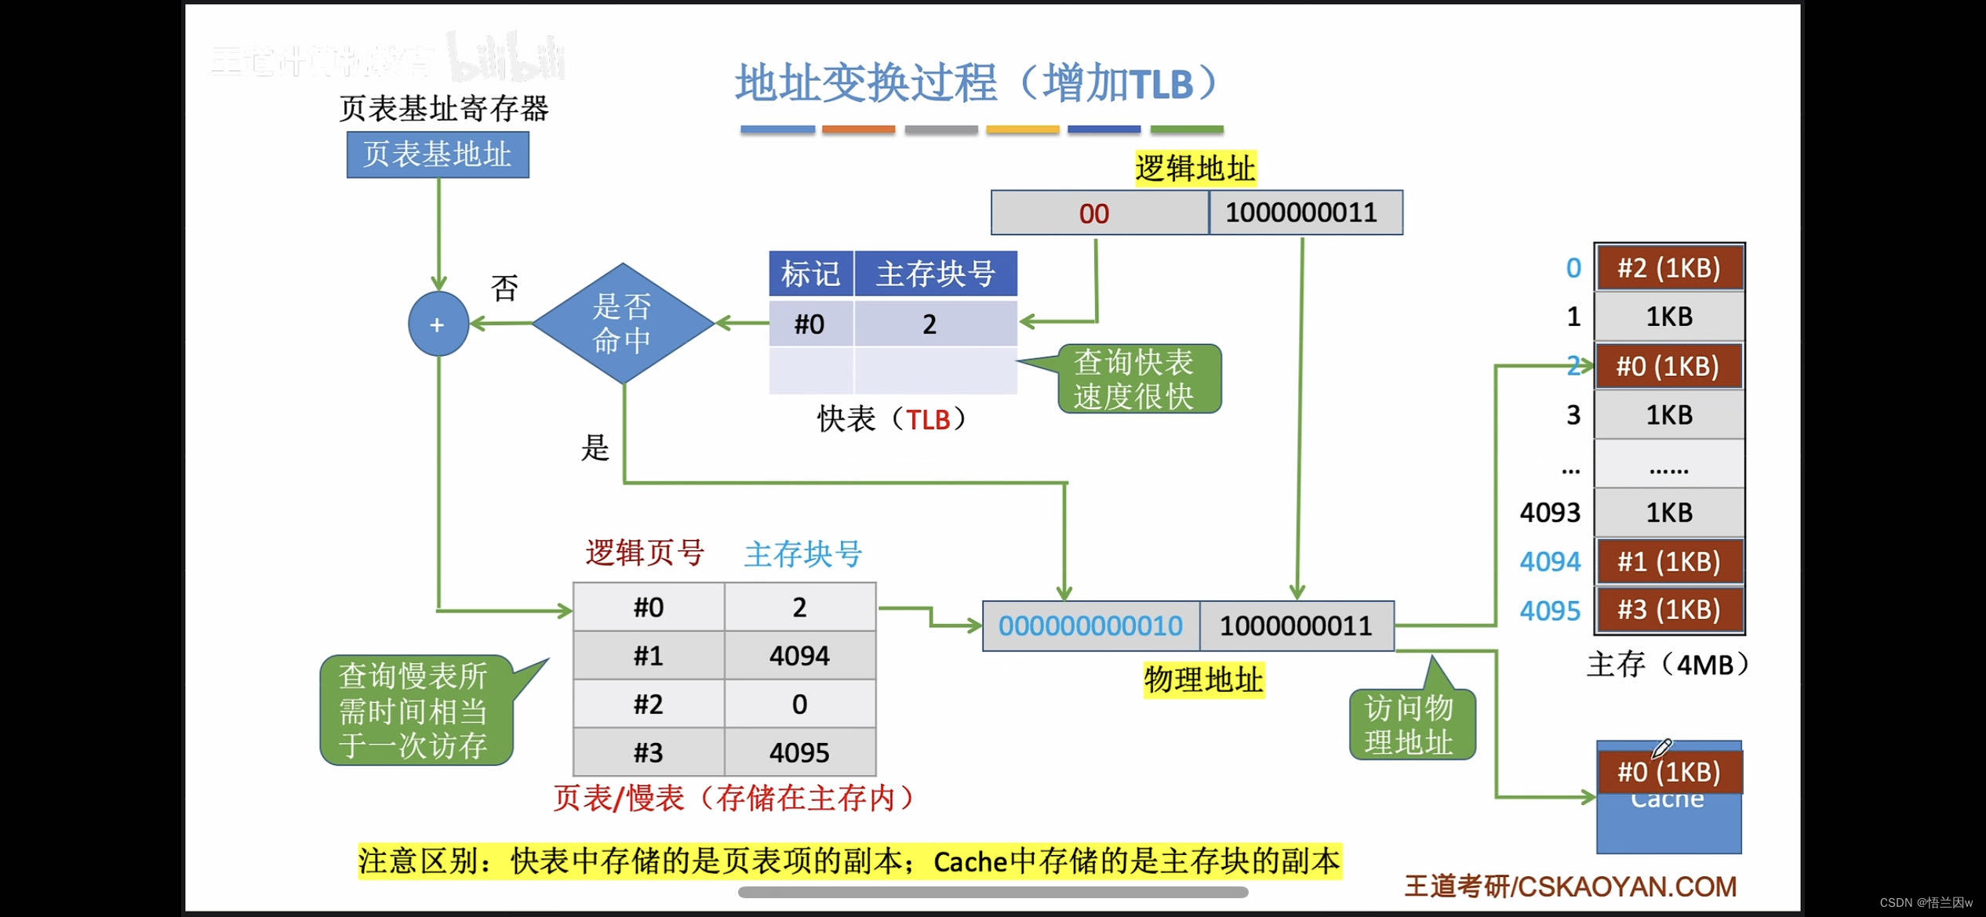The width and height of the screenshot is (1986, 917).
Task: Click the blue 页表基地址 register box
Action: click(x=438, y=154)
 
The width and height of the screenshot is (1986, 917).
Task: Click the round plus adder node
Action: click(x=438, y=324)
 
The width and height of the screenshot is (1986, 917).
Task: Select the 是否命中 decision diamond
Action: click(x=623, y=324)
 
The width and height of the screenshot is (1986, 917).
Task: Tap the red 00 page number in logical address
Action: click(x=1094, y=213)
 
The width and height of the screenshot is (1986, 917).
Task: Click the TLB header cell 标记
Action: click(x=810, y=274)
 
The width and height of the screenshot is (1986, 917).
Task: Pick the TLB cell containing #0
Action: click(x=810, y=324)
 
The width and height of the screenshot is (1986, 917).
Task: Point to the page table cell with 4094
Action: click(x=799, y=655)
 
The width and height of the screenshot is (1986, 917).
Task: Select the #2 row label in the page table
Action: click(x=649, y=704)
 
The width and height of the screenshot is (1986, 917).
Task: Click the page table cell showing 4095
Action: click(x=799, y=752)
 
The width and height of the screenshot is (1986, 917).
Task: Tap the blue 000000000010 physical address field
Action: click(x=1090, y=625)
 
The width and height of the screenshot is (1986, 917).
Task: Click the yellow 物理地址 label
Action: click(x=1203, y=680)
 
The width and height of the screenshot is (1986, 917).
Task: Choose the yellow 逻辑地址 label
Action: click(x=1195, y=169)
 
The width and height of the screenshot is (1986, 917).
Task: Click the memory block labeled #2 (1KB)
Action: click(x=1669, y=268)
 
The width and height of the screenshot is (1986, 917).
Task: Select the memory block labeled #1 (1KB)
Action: click(x=1669, y=561)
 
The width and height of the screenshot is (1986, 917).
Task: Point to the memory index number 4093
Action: click(x=1550, y=513)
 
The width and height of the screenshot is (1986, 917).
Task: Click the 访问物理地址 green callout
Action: click(x=1411, y=724)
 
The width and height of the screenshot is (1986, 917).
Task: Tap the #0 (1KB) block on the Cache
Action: click(x=1669, y=772)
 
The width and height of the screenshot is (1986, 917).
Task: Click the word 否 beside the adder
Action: click(x=504, y=288)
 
